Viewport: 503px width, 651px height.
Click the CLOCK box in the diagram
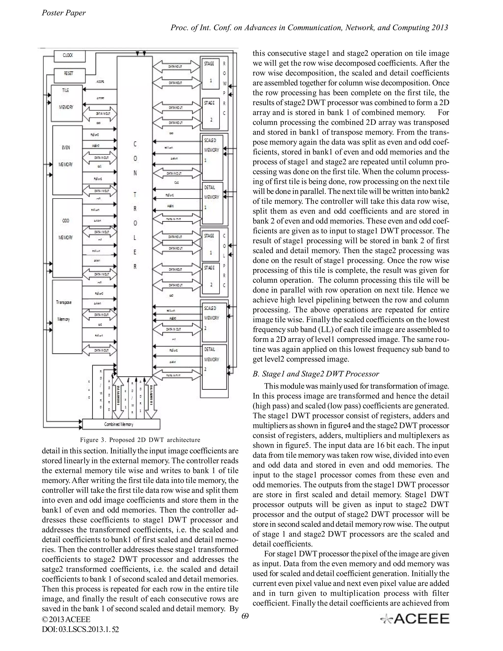[70, 56]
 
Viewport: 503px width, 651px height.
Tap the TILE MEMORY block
[67, 103]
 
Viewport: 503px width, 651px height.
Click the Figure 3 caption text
[140, 440]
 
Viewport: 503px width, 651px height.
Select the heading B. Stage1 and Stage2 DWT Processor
[316, 374]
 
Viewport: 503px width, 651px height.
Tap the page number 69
[245, 616]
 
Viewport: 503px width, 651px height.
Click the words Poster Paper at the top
[63, 13]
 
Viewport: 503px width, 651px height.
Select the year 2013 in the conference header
[439, 28]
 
